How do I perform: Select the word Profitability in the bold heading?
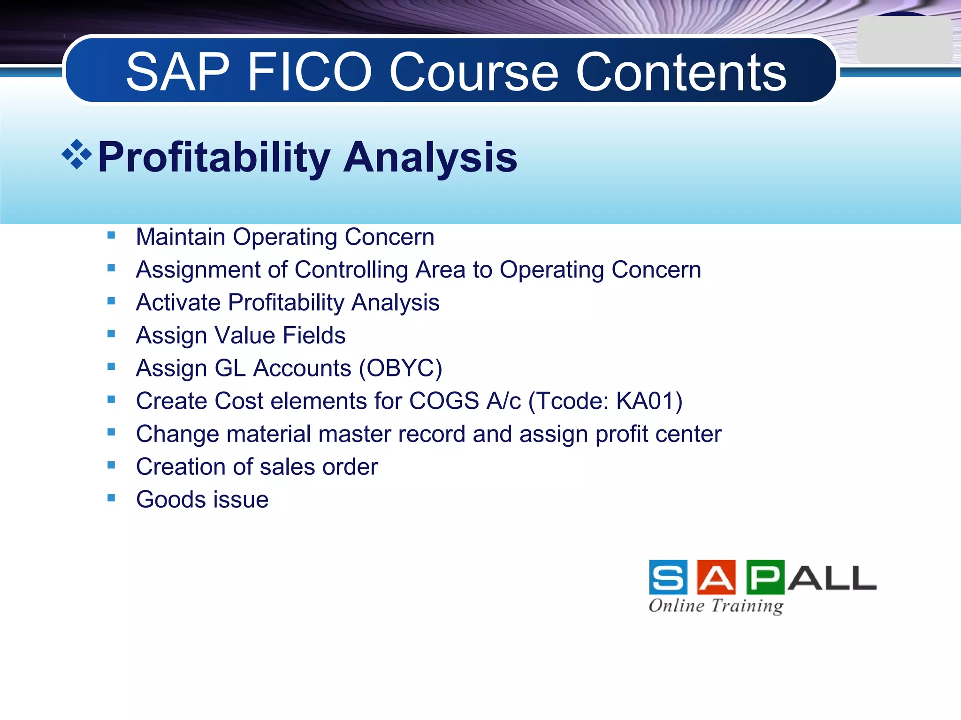[214, 157]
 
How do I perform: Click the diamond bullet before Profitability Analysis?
[76, 154]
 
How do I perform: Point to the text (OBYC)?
[400, 368]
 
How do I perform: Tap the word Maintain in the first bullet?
[181, 237]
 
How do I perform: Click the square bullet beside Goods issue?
[111, 498]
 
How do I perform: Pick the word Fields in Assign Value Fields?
[314, 336]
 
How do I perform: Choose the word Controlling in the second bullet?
[351, 270]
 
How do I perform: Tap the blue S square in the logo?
[668, 577]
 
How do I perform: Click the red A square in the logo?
[717, 577]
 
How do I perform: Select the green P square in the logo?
[765, 577]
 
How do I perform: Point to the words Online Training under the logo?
[716, 606]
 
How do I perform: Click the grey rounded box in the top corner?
[904, 40]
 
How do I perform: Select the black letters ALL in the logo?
[831, 578]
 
